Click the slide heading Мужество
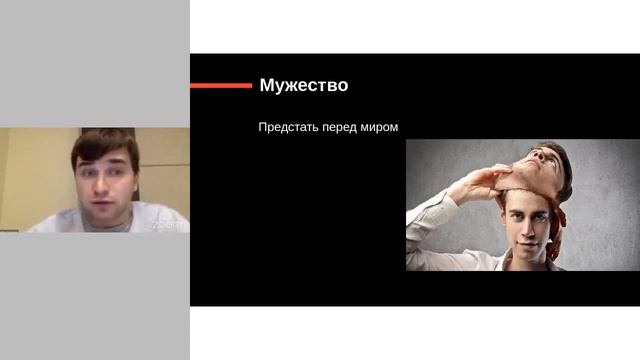point(303,85)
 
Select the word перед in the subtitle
point(339,127)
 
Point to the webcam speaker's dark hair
point(105,142)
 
